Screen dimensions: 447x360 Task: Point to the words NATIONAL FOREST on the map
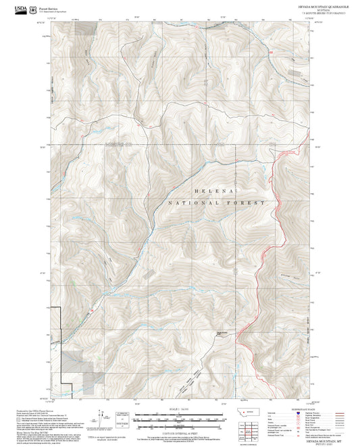[216, 203]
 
